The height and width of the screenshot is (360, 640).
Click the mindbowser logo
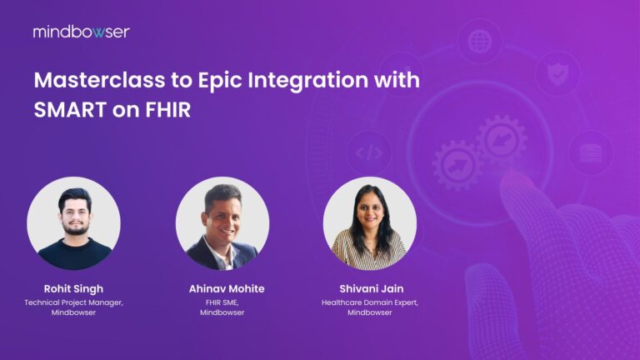point(81,32)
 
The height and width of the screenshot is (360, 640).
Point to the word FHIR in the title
point(166,109)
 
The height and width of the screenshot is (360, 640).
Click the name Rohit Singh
point(73,288)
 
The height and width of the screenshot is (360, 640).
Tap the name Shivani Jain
point(369,288)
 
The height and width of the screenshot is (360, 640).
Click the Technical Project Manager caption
point(73,302)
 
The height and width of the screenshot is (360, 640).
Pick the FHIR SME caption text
point(222,302)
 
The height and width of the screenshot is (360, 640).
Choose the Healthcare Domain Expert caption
point(369,302)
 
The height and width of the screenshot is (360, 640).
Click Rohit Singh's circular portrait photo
point(73,223)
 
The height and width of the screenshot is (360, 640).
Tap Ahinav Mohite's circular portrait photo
point(222,223)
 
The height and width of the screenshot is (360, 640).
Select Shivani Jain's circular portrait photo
point(369,223)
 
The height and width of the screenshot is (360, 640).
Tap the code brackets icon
point(367,152)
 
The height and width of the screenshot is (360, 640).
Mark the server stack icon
point(590,152)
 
